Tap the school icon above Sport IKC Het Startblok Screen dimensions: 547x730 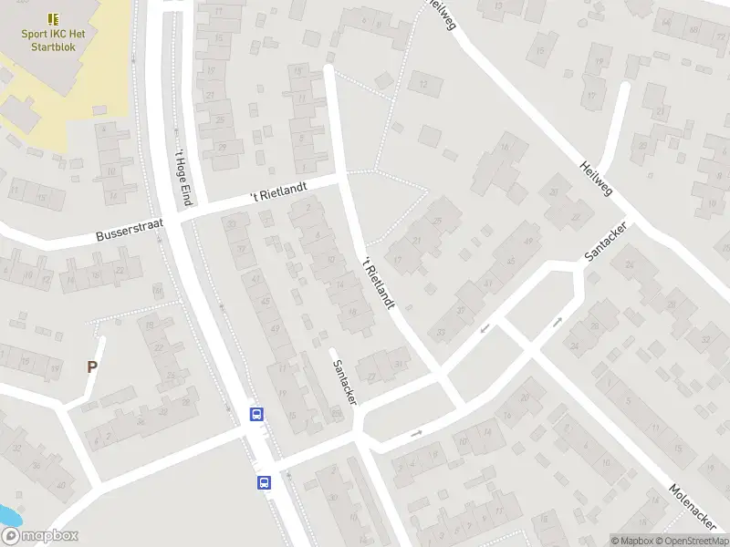point(53,17)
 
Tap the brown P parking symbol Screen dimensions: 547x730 point(91,367)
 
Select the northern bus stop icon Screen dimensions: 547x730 point(257,415)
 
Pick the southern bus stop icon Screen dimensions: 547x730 point(264,482)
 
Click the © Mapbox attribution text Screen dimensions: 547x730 point(631,541)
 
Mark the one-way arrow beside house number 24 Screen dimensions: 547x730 point(558,321)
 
